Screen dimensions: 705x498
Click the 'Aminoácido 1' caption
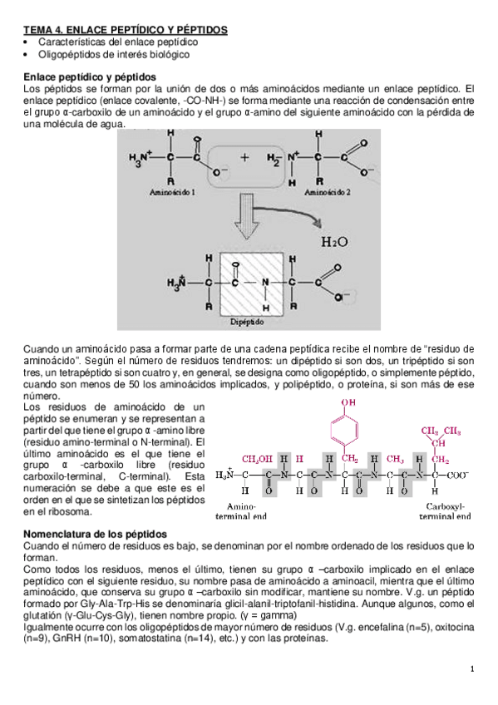[172, 192]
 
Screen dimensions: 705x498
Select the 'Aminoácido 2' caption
[328, 192]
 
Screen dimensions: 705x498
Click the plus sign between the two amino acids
[244, 156]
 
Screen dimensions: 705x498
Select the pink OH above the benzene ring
[348, 403]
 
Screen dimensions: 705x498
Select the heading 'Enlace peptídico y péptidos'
[91, 76]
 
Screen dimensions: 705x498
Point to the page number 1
[471, 669]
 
